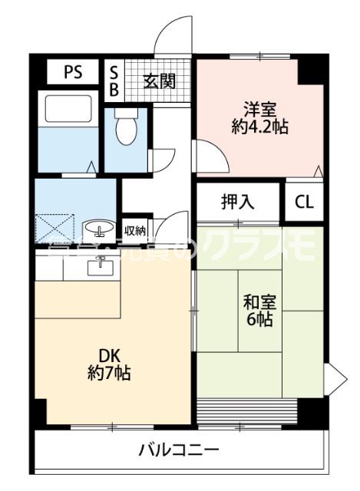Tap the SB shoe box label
click(114, 81)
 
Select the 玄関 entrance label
click(160, 81)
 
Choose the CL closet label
click(304, 203)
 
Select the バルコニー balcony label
click(179, 449)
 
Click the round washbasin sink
click(97, 228)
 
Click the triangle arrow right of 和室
click(332, 376)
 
